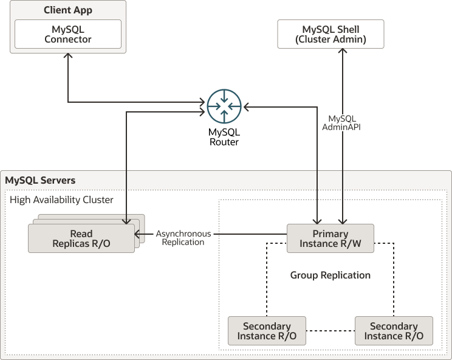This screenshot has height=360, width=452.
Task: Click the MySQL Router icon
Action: pyautogui.click(x=224, y=106)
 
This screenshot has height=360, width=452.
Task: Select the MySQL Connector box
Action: pyautogui.click(x=68, y=34)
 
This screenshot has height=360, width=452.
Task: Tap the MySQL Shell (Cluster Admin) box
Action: pyautogui.click(x=330, y=34)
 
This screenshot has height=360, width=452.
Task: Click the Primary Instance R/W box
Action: pyautogui.click(x=330, y=238)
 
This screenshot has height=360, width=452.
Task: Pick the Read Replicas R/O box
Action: pyautogui.click(x=81, y=238)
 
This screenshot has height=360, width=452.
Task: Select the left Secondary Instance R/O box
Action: pyautogui.click(x=267, y=331)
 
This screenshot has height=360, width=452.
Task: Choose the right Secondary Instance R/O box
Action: pyautogui.click(x=394, y=331)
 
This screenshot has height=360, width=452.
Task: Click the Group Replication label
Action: pyautogui.click(x=330, y=275)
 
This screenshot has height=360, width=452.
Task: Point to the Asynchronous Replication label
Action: pyautogui.click(x=183, y=238)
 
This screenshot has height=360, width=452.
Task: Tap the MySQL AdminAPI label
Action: pyautogui.click(x=342, y=123)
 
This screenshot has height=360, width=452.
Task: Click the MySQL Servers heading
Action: pyautogui.click(x=40, y=181)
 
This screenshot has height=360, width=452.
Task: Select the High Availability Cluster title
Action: pyautogui.click(x=61, y=199)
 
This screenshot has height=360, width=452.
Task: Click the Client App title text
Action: pyautogui.click(x=67, y=10)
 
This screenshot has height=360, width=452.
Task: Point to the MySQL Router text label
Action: pyautogui.click(x=224, y=137)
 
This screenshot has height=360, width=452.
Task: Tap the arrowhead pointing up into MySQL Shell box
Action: pyautogui.click(x=344, y=52)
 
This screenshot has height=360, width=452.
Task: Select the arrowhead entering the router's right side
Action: pyautogui.click(x=246, y=107)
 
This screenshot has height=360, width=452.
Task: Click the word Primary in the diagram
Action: pyautogui.click(x=330, y=234)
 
